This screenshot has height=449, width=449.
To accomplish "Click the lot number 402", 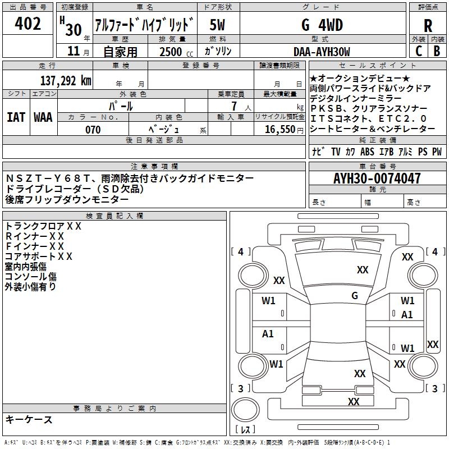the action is tap(28, 24).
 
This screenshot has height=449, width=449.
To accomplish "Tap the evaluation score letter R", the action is tap(428, 26).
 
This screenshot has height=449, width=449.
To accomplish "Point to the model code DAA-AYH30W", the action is tap(322, 52).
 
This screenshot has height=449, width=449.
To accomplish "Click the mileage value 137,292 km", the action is tap(66, 80).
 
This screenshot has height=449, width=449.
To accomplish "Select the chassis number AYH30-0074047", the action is tap(377, 179).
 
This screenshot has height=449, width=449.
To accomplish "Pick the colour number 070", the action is tap(93, 130).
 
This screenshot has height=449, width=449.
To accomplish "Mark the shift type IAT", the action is tap(16, 117).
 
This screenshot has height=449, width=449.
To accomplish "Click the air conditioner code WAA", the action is tap(43, 117).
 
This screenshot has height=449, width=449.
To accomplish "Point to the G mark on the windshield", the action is tap(355, 295).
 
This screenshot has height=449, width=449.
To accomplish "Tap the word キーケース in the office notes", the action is tap(29, 419).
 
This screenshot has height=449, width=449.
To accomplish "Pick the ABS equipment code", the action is tap(368, 152).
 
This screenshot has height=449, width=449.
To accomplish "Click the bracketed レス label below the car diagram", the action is tap(245, 430).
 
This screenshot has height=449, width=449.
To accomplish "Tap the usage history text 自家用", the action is tap(120, 52).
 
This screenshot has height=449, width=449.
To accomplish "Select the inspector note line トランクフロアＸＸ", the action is tap(43, 226).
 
